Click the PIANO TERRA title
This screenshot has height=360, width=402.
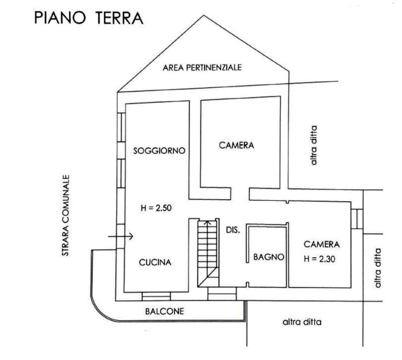[x=88, y=18]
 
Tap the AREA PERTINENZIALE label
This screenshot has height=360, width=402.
[x=202, y=68]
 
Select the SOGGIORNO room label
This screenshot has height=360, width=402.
[x=159, y=150]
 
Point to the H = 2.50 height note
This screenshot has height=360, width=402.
[x=156, y=208]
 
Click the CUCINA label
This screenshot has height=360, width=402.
[x=155, y=262]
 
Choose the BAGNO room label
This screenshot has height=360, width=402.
[x=269, y=257]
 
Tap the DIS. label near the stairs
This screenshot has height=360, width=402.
[x=233, y=230]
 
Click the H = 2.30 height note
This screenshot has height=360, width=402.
[x=319, y=259]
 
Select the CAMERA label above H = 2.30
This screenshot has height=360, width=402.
[x=321, y=244]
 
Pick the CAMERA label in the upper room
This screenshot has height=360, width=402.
[x=237, y=146]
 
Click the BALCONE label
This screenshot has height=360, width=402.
[x=164, y=311]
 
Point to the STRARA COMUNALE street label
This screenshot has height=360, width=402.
[x=66, y=215]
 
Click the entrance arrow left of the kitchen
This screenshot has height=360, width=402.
[x=120, y=236]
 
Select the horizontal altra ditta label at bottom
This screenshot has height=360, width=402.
[x=302, y=322]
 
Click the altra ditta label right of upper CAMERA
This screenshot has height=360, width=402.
[x=314, y=145]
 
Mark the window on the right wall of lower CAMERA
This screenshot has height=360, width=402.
[x=357, y=219]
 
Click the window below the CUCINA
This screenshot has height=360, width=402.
[x=156, y=297]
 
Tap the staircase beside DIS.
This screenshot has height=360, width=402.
[x=208, y=253]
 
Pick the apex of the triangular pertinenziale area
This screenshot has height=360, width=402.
[x=204, y=15]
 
